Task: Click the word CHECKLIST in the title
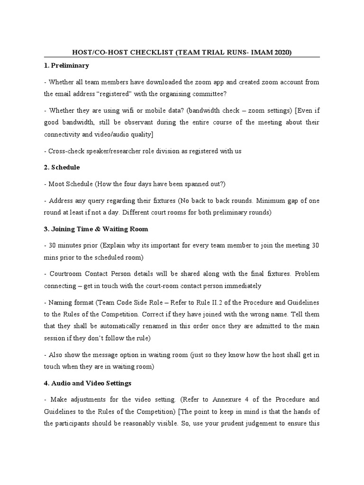tap(150, 52)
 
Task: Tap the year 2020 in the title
tap(281, 52)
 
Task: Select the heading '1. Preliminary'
tap(66, 65)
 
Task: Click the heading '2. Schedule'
tap(62, 167)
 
